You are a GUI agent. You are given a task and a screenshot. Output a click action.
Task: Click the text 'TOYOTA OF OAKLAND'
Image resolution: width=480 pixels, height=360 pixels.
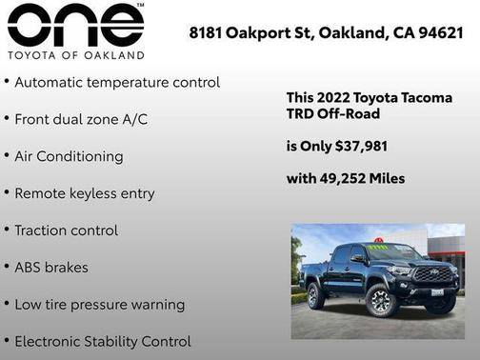click(x=75, y=54)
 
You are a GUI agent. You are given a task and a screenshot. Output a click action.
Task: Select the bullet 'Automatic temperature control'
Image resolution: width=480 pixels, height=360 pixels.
click(x=117, y=83)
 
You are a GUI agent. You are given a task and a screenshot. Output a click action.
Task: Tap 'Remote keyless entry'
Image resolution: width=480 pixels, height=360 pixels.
click(x=84, y=193)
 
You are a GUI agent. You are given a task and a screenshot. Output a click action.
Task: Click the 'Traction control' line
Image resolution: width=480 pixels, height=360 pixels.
click(x=67, y=230)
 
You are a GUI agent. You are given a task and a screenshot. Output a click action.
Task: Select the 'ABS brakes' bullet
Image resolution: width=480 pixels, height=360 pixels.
click(x=51, y=268)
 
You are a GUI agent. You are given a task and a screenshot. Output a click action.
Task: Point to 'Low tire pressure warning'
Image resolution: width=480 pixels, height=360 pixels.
click(x=99, y=305)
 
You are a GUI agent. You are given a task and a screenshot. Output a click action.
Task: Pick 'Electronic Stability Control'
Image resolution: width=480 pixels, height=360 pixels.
click(x=103, y=341)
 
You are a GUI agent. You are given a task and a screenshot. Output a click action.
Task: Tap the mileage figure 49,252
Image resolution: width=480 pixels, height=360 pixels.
click(x=343, y=178)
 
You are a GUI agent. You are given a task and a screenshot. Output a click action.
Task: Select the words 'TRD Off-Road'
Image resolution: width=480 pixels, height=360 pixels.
click(x=333, y=114)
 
